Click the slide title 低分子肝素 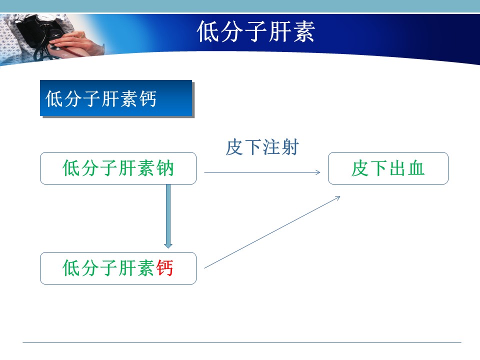(256, 31)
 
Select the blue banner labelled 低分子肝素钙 (116, 98)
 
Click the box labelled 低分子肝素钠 (118, 168)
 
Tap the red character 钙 (164, 268)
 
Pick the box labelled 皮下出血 (388, 168)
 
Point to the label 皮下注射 (262, 147)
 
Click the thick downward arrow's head (168, 245)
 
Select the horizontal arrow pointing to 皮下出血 (262, 172)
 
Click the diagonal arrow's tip (340, 196)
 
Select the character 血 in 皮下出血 (415, 168)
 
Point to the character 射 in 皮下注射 (290, 147)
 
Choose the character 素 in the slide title (303, 31)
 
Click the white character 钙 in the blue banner (148, 98)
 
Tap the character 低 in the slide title (208, 31)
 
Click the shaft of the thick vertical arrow (168, 213)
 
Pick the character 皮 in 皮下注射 (234, 147)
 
